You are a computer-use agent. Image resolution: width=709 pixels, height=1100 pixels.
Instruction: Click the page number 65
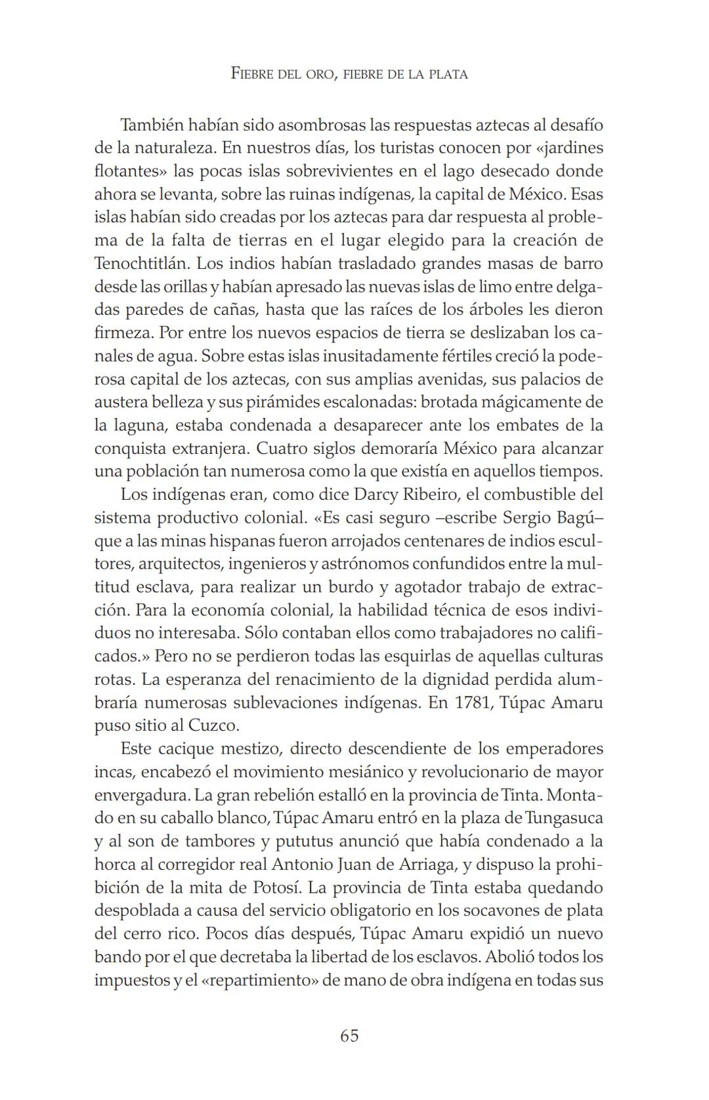click(x=349, y=1036)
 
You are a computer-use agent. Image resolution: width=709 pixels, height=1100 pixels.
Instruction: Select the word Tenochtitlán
click(x=141, y=264)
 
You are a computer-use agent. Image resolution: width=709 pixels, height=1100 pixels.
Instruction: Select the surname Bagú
click(x=577, y=518)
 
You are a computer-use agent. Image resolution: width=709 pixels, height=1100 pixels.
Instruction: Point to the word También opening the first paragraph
click(x=153, y=125)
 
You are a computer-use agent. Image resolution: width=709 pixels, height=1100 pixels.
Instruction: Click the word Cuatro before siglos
click(x=282, y=449)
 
